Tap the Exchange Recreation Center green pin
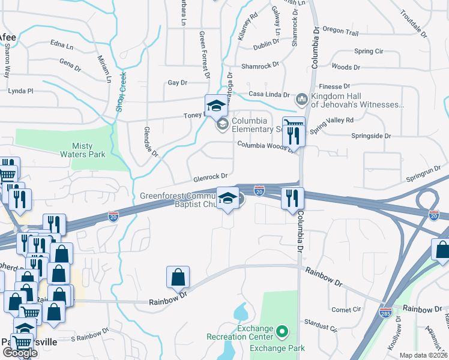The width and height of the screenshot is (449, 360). (x=281, y=331)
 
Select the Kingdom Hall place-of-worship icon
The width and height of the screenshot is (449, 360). (x=302, y=97)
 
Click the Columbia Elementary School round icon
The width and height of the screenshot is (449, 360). (x=222, y=124)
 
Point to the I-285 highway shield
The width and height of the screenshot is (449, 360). (x=385, y=313)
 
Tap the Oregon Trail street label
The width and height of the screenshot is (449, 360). (x=340, y=29)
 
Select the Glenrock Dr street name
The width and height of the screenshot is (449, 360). (x=210, y=177)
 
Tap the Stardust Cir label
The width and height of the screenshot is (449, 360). (x=320, y=327)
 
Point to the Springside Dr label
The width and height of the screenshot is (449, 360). (x=370, y=136)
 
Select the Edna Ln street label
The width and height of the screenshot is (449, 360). (x=62, y=44)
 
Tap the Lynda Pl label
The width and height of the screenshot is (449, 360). (x=21, y=91)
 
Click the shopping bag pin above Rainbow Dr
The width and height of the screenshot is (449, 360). (x=178, y=278)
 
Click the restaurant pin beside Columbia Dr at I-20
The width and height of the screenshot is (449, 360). (x=292, y=199)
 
